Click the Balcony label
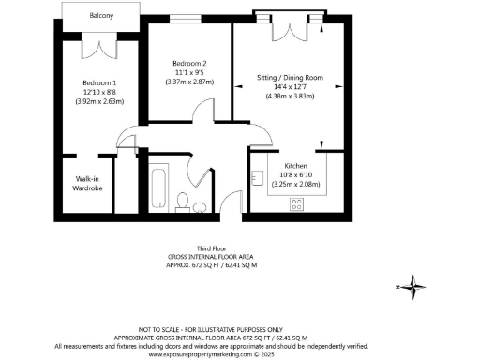(102, 16)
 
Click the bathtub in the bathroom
(158, 187)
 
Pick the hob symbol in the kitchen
(298, 202)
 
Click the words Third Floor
(202, 248)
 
